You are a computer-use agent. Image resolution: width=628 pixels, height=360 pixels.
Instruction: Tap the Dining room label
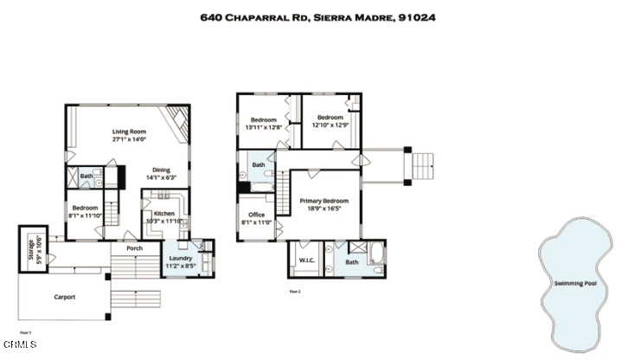[x=161, y=170]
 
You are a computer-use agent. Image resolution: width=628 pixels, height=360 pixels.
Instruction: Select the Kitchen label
[x=163, y=213]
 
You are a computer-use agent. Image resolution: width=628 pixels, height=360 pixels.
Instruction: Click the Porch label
[x=134, y=248]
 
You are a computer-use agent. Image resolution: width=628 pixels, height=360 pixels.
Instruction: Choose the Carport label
[x=65, y=297]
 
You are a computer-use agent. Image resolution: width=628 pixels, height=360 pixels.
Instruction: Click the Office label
[x=256, y=215]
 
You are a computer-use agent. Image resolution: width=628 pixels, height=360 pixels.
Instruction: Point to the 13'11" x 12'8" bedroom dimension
[x=264, y=127]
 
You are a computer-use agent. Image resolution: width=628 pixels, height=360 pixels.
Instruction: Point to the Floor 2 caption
[x=294, y=292]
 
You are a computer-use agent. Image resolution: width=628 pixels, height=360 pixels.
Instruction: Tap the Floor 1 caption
[x=25, y=332]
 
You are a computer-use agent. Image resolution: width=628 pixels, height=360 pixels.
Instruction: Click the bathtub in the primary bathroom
[x=375, y=257]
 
